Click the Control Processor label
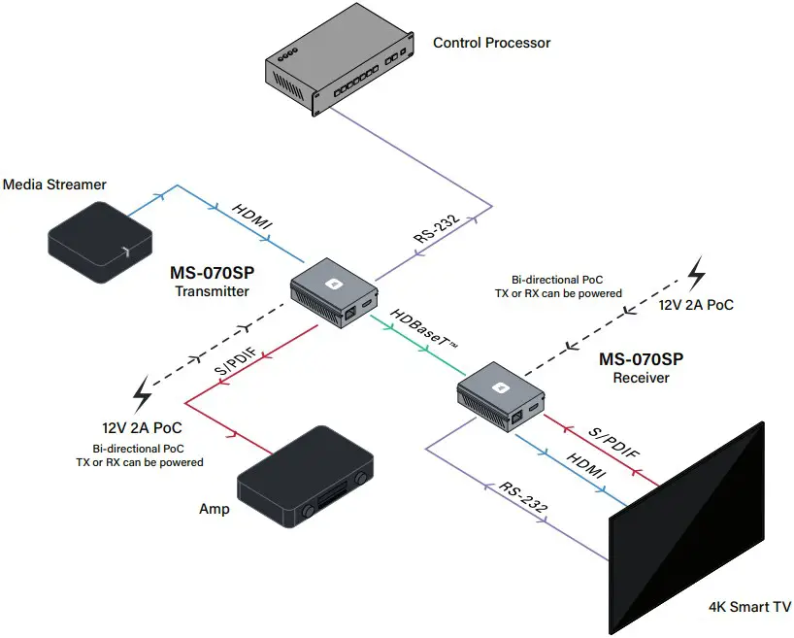click(x=491, y=43)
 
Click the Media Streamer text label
click(x=54, y=184)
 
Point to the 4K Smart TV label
click(x=749, y=608)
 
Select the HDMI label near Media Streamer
click(x=253, y=218)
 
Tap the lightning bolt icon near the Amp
click(x=143, y=394)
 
